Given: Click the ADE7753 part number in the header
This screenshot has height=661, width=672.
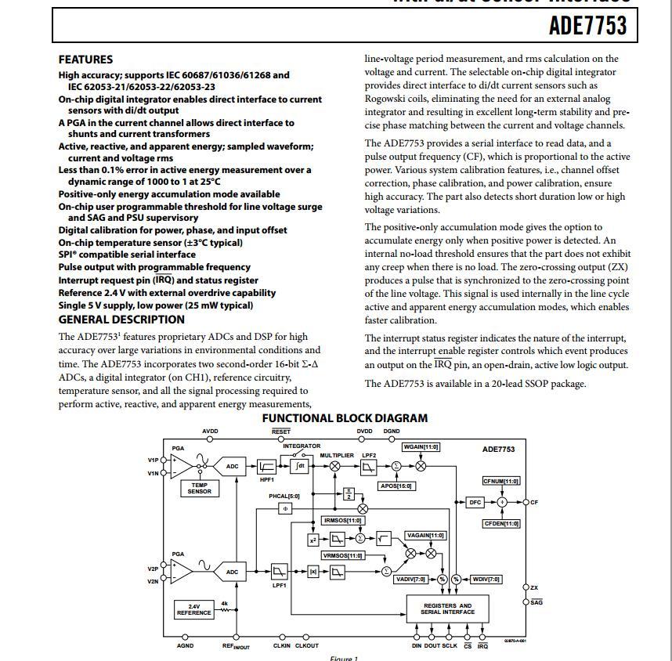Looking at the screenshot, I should tap(587, 26).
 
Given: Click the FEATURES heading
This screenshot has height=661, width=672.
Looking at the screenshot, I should tap(85, 60).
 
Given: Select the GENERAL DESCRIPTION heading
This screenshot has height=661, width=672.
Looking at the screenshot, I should tap(121, 320).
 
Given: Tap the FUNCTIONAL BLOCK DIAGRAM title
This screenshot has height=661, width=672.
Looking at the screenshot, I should tap(345, 418).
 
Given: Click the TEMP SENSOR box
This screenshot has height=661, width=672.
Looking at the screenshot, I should tap(200, 488).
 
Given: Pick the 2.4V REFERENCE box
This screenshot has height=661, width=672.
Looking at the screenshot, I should tap(193, 609).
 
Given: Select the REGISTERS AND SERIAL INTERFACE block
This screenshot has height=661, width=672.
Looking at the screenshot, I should tap(447, 609).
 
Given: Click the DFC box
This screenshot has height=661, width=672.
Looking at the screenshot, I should tap(475, 502).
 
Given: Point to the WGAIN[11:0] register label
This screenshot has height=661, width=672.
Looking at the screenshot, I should tap(421, 446).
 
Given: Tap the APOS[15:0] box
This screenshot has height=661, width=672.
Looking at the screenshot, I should tap(396, 486).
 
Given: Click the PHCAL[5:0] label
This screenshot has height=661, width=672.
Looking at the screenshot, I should tap(284, 496).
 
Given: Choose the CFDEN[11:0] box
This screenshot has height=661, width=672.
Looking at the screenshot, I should tap(500, 523).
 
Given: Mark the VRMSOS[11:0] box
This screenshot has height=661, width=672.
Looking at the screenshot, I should tap(343, 555).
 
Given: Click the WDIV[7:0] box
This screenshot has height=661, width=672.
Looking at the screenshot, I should tap(486, 580).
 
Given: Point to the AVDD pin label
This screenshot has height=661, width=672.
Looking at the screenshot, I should tap(210, 432).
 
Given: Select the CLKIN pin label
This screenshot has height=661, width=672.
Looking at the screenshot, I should tap(282, 645).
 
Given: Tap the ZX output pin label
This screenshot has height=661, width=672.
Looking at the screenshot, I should tap(534, 587).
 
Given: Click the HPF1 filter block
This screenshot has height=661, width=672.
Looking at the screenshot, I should tap(266, 466).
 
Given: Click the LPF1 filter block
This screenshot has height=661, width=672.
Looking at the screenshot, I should tap(279, 571).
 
